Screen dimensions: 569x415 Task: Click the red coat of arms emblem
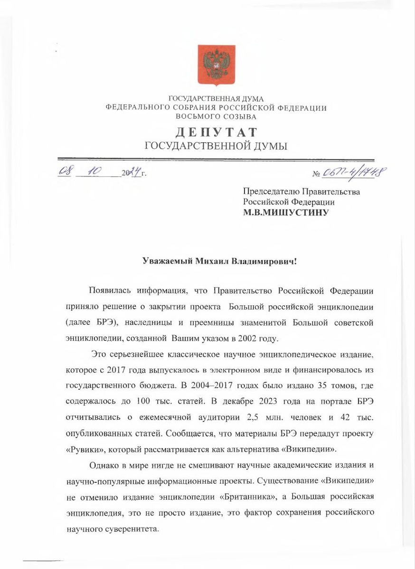(x=216, y=65)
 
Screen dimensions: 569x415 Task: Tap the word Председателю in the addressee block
(x=269, y=192)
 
